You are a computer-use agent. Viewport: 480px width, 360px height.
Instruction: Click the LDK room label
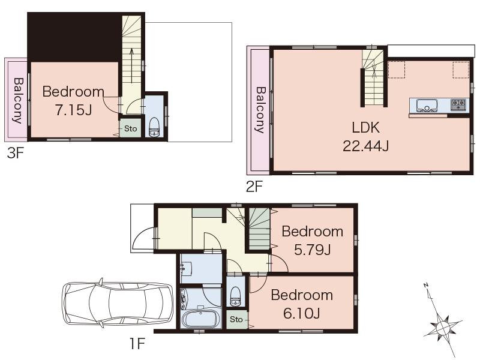coord(365,128)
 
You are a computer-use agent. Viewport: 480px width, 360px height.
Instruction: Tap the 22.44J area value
coord(365,145)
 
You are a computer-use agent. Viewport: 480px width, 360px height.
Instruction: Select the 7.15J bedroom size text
coord(73,111)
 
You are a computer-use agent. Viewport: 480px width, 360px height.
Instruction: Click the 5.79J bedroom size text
coord(312,250)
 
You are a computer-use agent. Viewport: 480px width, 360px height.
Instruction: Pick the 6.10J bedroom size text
coord(301,313)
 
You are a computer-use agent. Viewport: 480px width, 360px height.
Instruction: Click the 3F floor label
coord(15,154)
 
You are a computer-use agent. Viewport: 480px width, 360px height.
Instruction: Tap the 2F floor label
coord(254,187)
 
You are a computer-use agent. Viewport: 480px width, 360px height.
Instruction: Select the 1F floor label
coord(137,344)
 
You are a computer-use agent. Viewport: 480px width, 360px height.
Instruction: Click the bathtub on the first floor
coord(202,317)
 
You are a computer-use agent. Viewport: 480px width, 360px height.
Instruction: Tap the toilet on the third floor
coord(154,127)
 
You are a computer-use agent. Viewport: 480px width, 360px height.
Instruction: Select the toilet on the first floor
coord(236,295)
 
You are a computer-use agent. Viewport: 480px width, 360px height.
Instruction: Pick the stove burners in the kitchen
coord(459,104)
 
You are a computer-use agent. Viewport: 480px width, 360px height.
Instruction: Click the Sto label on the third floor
coord(131,128)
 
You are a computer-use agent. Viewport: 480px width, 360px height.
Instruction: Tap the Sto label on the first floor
coord(236,319)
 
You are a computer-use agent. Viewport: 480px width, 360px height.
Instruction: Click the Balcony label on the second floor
coord(260,110)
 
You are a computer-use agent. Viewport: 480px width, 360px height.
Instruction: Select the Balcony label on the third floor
coord(17,100)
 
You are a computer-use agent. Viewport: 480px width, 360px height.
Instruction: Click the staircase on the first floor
coord(259,228)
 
